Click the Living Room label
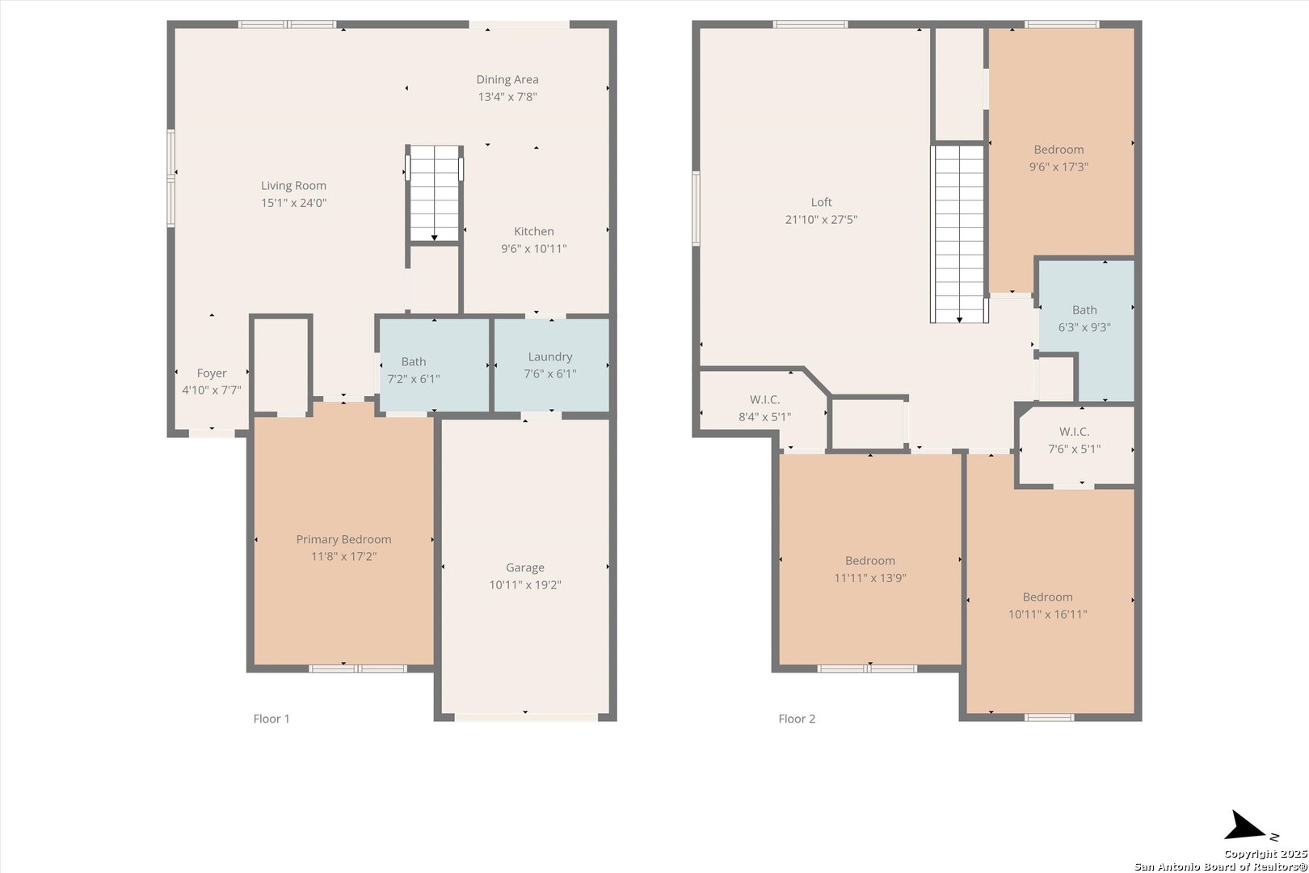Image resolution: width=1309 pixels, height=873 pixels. (x=293, y=185)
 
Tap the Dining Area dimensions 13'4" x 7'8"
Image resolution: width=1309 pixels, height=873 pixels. (x=507, y=96)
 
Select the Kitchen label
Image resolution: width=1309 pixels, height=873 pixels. (x=533, y=231)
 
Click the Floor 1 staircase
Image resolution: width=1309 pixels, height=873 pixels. (x=434, y=193)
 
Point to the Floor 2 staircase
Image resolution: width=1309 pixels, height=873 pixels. (x=960, y=234)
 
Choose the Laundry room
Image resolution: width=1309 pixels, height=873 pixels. (x=551, y=365)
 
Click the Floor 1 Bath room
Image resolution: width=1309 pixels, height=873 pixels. (x=434, y=365)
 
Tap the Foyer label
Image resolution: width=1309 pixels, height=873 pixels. (x=212, y=373)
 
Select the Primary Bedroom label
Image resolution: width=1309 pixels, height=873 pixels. (x=343, y=539)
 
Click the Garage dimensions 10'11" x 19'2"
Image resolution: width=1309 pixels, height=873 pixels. (x=525, y=584)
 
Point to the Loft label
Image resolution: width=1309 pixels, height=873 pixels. (x=821, y=202)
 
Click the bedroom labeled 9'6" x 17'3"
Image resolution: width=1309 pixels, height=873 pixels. (x=1060, y=158)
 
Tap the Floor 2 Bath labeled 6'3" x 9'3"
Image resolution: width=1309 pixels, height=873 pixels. (x=1086, y=331)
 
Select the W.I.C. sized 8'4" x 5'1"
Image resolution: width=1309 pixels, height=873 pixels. (x=763, y=409)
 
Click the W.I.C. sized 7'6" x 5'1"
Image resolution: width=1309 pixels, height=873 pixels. (x=1076, y=446)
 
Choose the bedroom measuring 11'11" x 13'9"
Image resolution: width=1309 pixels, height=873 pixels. (x=870, y=559)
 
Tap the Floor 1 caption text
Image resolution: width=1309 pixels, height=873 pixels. (x=271, y=719)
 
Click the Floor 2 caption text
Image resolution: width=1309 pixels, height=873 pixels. (x=797, y=719)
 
